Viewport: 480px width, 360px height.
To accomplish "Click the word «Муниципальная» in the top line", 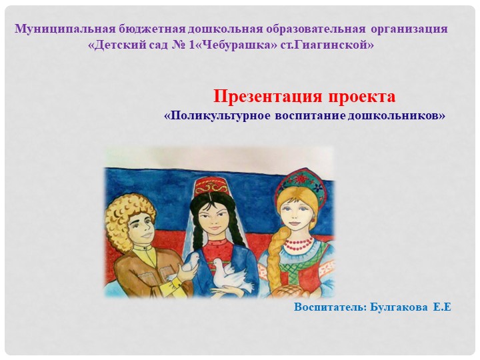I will click(x=66, y=29).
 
